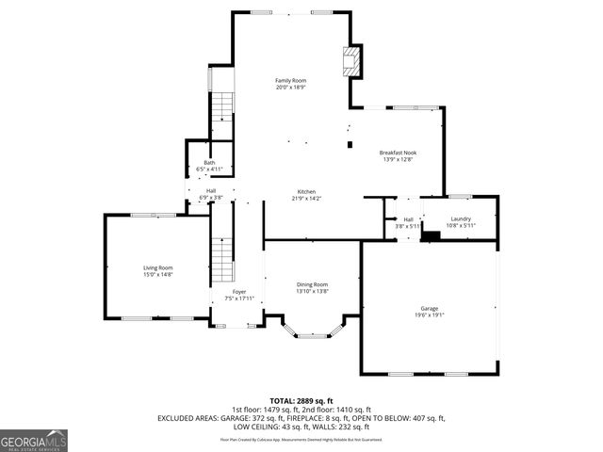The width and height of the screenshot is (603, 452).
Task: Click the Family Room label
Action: click(290, 81)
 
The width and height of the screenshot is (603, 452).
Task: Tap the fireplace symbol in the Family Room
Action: click(350, 61)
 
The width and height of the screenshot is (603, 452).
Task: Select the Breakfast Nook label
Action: click(397, 153)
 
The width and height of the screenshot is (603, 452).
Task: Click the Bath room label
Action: click(209, 163)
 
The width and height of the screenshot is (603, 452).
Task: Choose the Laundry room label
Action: click(461, 218)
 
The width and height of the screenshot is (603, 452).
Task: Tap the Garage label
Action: click(430, 309)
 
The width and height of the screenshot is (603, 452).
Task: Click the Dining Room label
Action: click(312, 284)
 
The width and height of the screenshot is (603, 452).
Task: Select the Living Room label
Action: click(157, 267)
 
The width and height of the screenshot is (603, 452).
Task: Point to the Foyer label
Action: click(239, 292)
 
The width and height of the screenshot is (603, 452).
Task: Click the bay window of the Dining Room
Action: click(312, 331)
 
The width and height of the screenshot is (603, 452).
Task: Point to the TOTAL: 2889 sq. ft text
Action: click(301, 400)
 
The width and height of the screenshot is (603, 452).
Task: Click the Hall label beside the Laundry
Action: click(408, 218)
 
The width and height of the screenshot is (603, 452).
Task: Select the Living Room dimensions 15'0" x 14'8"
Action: click(157, 275)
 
